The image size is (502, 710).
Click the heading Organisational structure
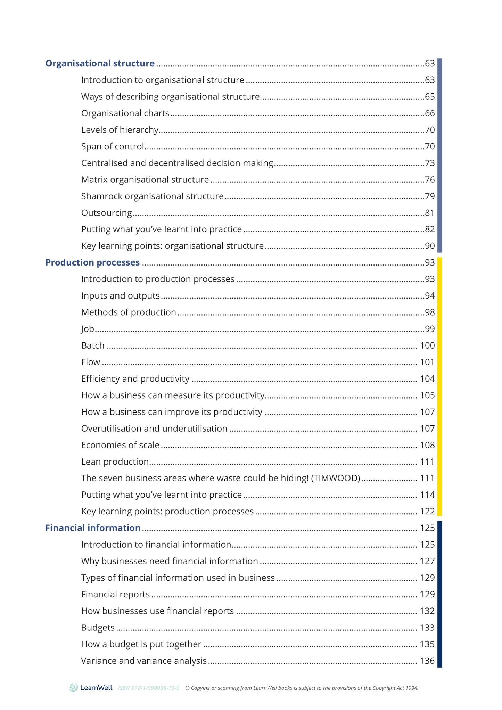click(100, 63)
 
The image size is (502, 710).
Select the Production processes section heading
click(92, 262)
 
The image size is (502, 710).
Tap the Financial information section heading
click(93, 528)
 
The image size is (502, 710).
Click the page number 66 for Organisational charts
click(430, 113)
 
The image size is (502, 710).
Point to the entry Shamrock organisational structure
click(152, 196)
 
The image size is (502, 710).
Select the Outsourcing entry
click(106, 213)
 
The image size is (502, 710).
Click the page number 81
click(430, 213)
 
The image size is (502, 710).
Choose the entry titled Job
click(88, 329)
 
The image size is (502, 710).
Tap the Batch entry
click(93, 345)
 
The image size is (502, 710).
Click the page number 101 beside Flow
click(427, 362)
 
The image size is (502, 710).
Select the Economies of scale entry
click(120, 445)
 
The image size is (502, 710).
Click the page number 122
click(427, 512)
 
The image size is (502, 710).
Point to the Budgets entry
click(98, 628)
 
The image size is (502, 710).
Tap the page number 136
click(427, 661)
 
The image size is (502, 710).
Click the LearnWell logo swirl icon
click(74, 687)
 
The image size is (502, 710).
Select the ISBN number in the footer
click(149, 688)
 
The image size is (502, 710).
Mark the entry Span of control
click(112, 146)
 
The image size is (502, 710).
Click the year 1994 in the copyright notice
click(412, 688)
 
